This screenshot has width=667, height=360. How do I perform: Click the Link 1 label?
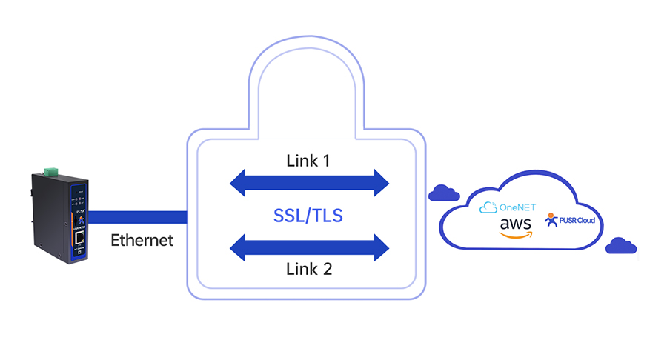[309, 160]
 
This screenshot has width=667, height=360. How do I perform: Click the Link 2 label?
[309, 269]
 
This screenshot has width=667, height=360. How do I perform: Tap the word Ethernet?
[142, 240]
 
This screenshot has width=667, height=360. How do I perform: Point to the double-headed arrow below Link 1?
[309, 182]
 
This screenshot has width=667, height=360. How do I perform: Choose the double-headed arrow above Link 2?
[309, 247]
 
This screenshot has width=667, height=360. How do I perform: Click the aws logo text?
[515, 224]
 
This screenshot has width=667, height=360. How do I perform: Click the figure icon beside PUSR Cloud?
[551, 220]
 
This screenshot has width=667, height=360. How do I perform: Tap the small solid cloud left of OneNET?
[442, 193]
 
